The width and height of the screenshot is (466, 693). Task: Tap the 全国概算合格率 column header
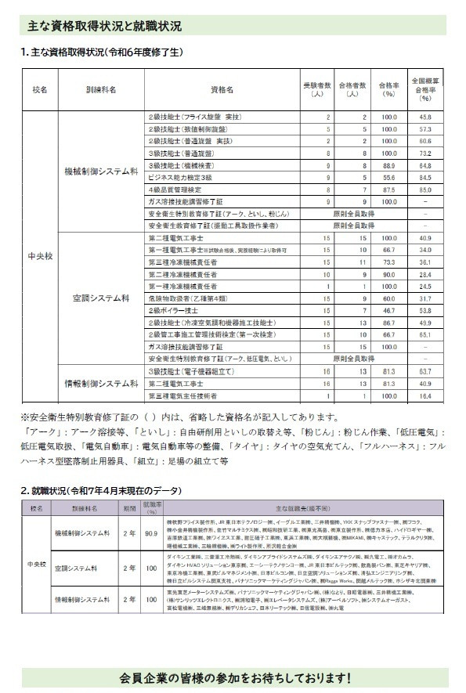424,89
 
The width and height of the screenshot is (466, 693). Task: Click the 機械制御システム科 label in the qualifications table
101,169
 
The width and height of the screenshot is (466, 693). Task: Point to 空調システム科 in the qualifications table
101,298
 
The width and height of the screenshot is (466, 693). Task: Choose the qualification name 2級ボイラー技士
171,310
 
